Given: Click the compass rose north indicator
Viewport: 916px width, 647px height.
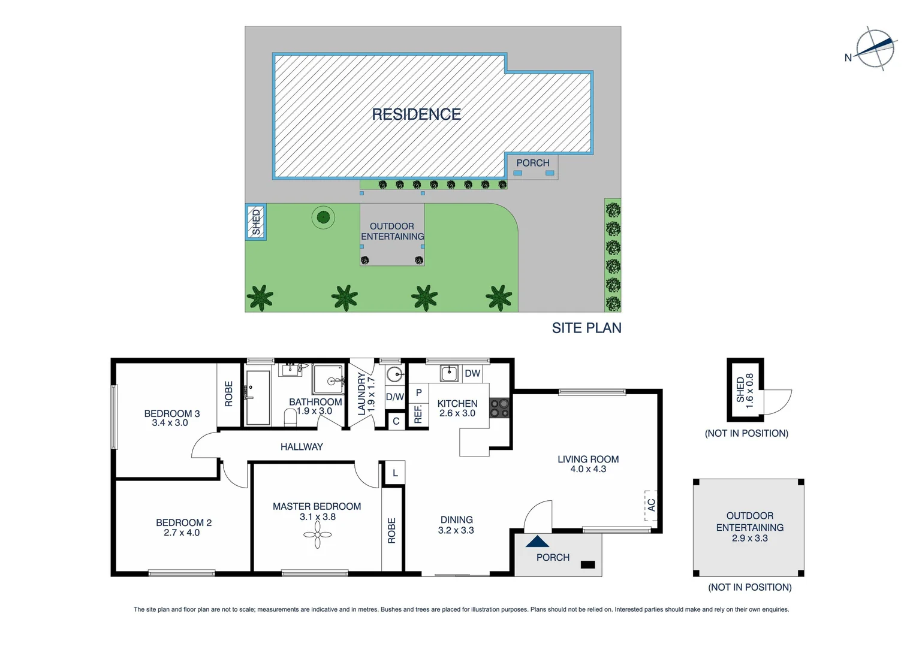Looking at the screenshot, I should [x=875, y=49].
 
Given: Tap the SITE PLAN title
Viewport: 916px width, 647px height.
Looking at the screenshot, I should [x=586, y=328].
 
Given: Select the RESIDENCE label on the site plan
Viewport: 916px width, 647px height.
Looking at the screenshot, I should [x=416, y=114].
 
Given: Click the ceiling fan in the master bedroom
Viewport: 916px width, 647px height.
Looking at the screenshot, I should [x=317, y=535].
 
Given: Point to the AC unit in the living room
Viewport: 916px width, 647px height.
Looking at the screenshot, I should [x=650, y=505].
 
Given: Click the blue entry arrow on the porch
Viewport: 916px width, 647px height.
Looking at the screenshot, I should [x=537, y=542].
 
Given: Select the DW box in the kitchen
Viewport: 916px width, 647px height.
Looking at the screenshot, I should [x=472, y=373].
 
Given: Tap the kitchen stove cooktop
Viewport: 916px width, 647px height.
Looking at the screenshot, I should [x=499, y=408].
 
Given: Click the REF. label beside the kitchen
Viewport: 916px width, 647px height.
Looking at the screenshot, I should [x=418, y=414].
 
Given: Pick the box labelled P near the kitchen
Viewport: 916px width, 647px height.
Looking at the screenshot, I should [x=418, y=392].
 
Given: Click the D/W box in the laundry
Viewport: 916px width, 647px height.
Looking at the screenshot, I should [x=394, y=397].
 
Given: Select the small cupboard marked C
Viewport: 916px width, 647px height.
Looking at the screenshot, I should [x=396, y=421].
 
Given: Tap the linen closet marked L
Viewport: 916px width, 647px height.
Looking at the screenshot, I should [x=395, y=473].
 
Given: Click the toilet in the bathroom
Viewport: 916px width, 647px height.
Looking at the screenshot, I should [x=290, y=417].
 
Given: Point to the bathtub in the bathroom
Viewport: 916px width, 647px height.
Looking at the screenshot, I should [x=258, y=397].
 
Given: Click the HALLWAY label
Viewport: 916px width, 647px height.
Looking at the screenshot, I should [x=302, y=447].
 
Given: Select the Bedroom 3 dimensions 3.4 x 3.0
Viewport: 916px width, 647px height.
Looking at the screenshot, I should [x=170, y=423].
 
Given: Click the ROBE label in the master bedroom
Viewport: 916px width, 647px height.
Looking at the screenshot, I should [x=392, y=530].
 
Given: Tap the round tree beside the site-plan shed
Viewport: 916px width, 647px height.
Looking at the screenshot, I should [x=323, y=217].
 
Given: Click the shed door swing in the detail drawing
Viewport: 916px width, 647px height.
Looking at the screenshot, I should [x=778, y=401].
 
